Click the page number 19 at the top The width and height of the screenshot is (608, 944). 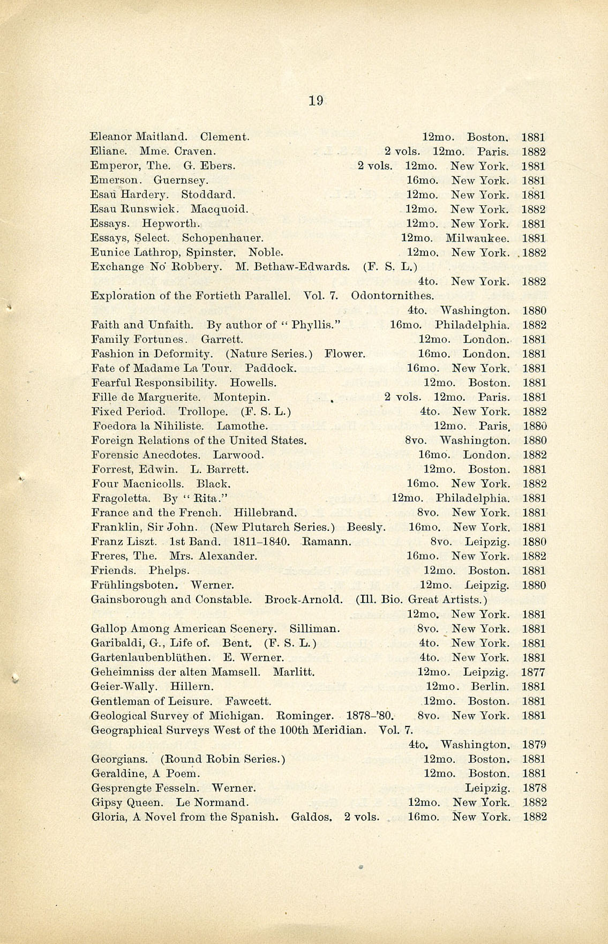coord(316,100)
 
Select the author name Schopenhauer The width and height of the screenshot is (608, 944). coord(222,238)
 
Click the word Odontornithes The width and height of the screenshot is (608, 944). coord(392,296)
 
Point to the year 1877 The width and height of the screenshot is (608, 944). coord(534,672)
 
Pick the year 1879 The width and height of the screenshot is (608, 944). coord(534,745)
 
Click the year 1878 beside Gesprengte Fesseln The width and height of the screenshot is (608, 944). coord(534,788)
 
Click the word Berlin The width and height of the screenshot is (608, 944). coord(490,687)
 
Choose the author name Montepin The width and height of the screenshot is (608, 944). coord(241,398)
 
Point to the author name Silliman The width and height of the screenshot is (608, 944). coord(314,629)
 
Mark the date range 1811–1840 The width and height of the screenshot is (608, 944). coord(254,542)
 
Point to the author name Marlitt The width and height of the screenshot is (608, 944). coord(294,672)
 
